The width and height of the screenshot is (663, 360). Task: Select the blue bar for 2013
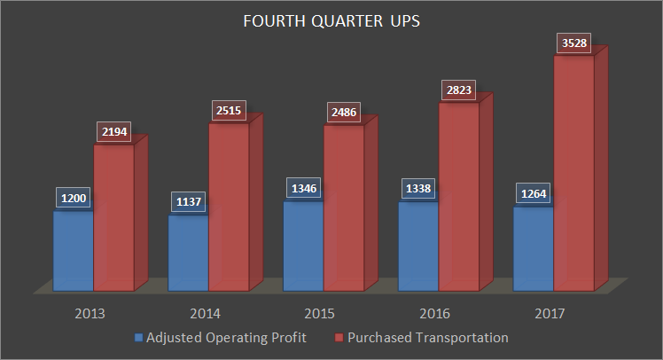74,253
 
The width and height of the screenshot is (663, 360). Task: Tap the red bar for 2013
113,222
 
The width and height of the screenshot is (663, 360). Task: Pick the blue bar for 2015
303,248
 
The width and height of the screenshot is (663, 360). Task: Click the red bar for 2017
573,177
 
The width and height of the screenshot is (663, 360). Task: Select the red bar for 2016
458,200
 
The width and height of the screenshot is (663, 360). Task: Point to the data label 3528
573,43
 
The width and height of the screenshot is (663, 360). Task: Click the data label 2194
113,132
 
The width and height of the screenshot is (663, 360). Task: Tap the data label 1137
188,202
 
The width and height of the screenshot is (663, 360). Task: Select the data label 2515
229,110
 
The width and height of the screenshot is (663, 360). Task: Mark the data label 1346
303,189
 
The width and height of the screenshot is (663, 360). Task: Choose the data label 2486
343,113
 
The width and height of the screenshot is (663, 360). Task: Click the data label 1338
417,190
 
